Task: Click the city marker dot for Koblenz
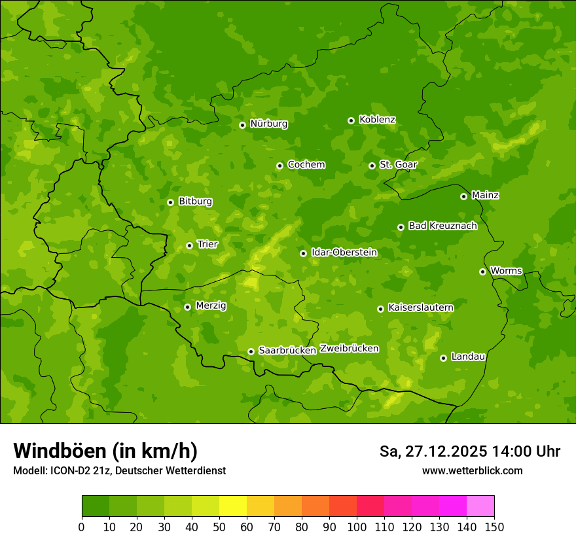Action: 351,120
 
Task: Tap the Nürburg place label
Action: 268,124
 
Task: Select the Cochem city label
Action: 306,164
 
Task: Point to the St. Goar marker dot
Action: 372,166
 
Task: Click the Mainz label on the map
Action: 485,195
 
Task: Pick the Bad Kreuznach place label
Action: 442,226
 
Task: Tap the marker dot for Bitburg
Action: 171,202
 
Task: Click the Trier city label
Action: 207,244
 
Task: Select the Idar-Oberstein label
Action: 344,252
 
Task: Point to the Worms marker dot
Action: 483,271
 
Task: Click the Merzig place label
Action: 211,306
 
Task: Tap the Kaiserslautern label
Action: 420,307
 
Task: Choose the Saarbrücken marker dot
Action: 251,351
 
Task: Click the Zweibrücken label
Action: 349,349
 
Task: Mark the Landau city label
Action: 468,357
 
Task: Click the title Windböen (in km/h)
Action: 105,451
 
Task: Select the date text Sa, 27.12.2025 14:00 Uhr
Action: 469,451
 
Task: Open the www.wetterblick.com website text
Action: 472,471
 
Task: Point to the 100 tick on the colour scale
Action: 357,527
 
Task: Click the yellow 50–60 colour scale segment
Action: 233,506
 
